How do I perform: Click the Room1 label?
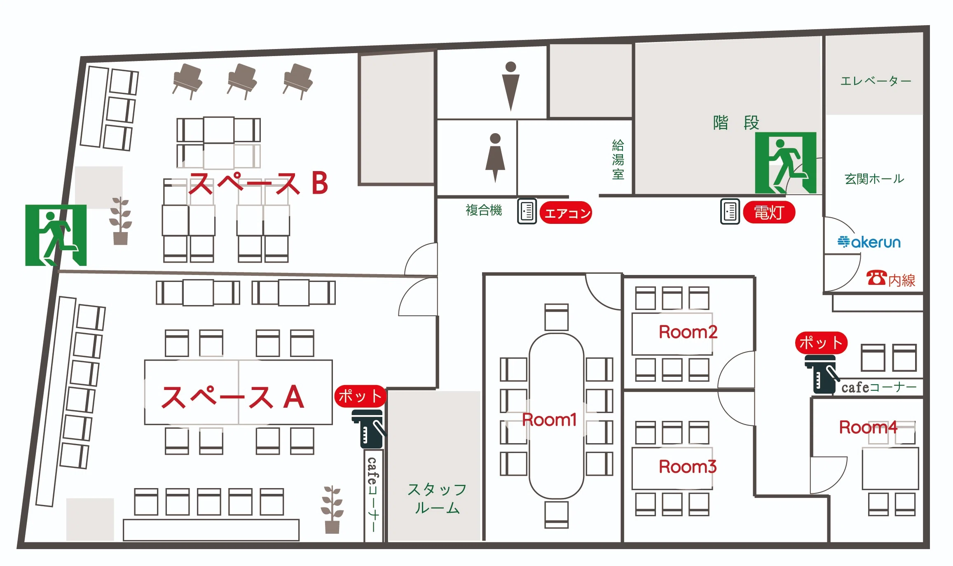pyautogui.click(x=549, y=420)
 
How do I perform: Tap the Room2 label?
pyautogui.click(x=688, y=332)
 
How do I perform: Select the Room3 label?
pyautogui.click(x=688, y=467)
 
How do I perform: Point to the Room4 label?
pyautogui.click(x=868, y=427)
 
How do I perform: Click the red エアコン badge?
pyautogui.click(x=566, y=213)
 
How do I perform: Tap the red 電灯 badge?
pyautogui.click(x=769, y=212)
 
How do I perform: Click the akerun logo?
pyautogui.click(x=869, y=242)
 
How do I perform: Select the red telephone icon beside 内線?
pyautogui.click(x=876, y=278)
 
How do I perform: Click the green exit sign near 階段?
pyautogui.click(x=786, y=163)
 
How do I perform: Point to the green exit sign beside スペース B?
pyautogui.click(x=56, y=235)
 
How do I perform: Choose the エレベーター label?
pyautogui.click(x=876, y=81)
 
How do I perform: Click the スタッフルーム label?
pyautogui.click(x=437, y=499)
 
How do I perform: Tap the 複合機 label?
pyautogui.click(x=484, y=210)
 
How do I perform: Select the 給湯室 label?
pyautogui.click(x=618, y=160)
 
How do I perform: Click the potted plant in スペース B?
pyautogui.click(x=121, y=221)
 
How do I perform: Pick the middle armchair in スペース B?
pyautogui.click(x=242, y=81)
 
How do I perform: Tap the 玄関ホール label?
pyautogui.click(x=874, y=179)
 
